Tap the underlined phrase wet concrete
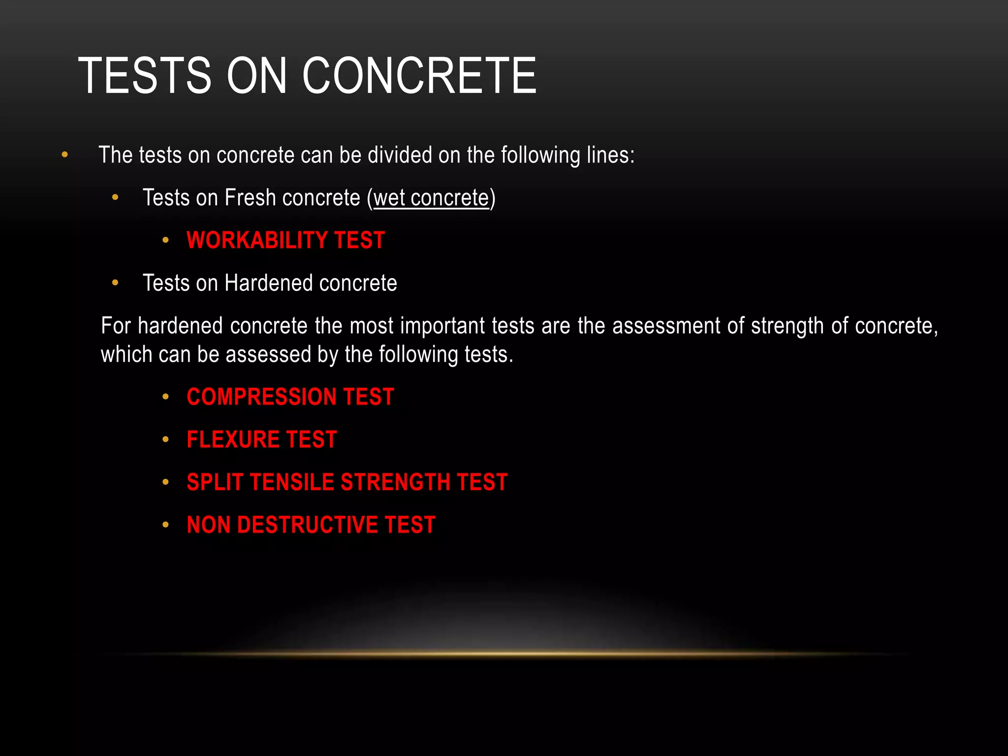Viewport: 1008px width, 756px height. (x=431, y=198)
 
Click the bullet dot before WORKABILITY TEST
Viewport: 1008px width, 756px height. (x=166, y=241)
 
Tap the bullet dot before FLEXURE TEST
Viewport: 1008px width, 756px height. (x=166, y=440)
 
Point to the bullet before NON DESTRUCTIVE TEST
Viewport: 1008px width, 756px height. (x=166, y=525)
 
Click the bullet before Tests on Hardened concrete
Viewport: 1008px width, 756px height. (x=115, y=283)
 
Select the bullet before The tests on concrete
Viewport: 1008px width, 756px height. (x=64, y=156)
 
